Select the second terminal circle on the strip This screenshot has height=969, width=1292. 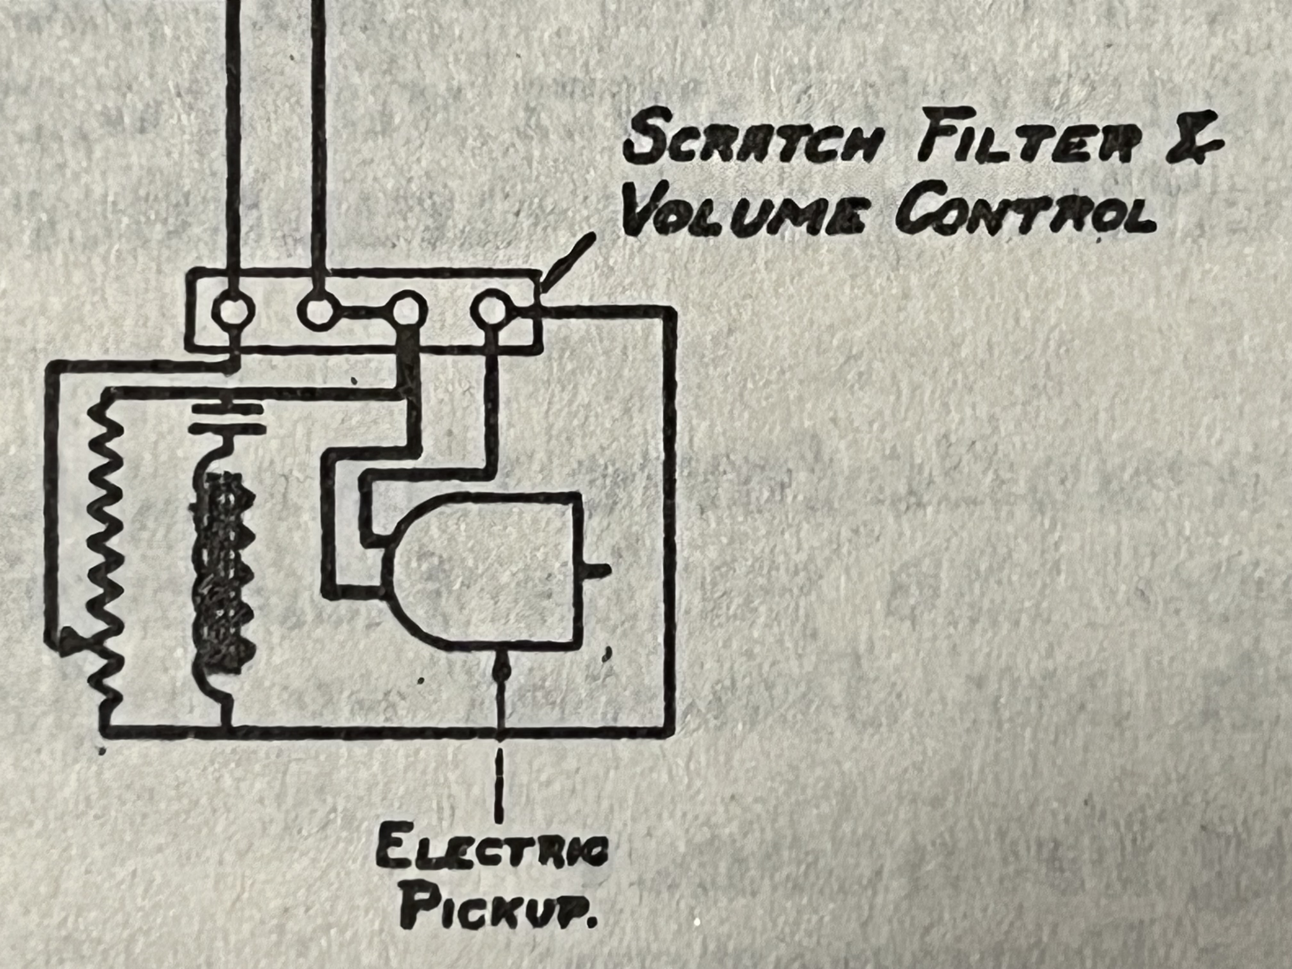click(x=318, y=310)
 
